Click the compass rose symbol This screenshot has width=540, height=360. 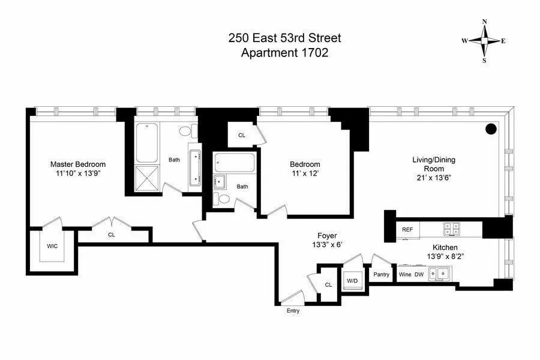tap(484, 41)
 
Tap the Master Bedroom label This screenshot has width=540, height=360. tap(78, 164)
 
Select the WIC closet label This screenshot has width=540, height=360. tap(52, 246)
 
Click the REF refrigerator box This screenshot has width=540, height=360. tap(407, 229)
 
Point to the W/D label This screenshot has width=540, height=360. tap(352, 280)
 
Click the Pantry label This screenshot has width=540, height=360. tap(382, 274)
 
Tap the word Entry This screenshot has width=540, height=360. tap(293, 311)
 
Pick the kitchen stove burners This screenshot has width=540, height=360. tap(451, 229)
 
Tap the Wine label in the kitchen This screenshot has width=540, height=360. tap(406, 274)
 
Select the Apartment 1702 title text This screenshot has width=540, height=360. tap(284, 53)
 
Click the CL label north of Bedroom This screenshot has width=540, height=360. tap(242, 136)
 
